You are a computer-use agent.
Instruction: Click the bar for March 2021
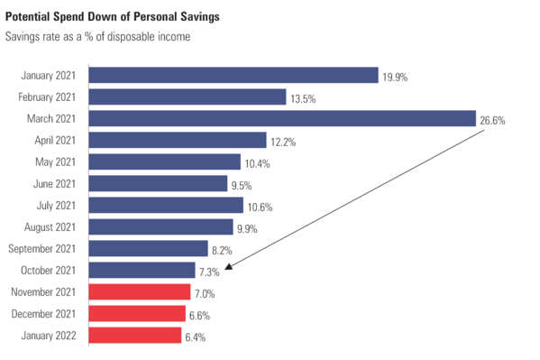[x=282, y=118]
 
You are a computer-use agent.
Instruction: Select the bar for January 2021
[x=233, y=75]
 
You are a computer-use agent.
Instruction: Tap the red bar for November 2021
[x=140, y=292]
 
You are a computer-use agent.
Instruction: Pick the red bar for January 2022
[x=135, y=336]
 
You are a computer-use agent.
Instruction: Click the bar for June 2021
[x=158, y=184]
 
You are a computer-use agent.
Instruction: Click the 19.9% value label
[x=395, y=78]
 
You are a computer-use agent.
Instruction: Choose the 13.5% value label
[x=304, y=99]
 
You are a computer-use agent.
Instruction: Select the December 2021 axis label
[x=49, y=314]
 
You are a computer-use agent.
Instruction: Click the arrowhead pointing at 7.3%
[x=229, y=266]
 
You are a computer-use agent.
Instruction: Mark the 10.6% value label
[x=260, y=207]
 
